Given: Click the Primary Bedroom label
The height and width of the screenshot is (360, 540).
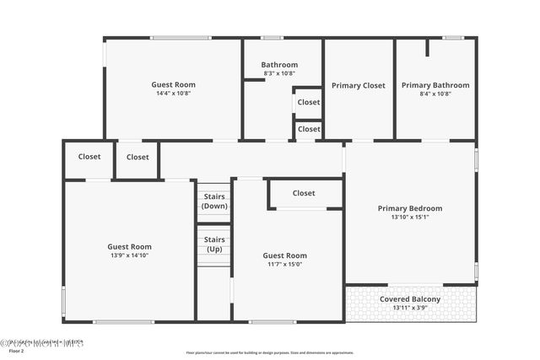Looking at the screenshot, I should click(x=410, y=208).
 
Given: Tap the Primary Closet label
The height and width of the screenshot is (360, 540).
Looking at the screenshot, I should click(x=358, y=85).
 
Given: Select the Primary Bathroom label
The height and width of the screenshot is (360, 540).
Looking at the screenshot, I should click(x=435, y=85).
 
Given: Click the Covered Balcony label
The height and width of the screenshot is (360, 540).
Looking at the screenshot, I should click(x=410, y=299).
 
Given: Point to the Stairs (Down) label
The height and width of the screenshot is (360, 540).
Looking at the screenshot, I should click(x=214, y=201).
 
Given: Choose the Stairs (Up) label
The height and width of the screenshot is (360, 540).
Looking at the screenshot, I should click(x=214, y=244).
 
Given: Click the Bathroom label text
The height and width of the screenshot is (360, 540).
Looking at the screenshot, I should click(x=279, y=65).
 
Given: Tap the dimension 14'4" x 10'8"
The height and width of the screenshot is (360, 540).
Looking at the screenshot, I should click(x=173, y=94).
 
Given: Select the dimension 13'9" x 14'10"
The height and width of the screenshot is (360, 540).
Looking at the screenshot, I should click(x=129, y=255).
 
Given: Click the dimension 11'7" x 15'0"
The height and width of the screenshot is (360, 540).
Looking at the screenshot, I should click(x=284, y=264).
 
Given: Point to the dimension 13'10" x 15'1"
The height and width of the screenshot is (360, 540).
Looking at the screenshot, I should click(x=410, y=218).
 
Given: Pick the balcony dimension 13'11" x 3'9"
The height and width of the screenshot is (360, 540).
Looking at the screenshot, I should click(x=410, y=308).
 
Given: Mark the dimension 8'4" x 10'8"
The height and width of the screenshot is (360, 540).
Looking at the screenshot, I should click(x=435, y=94).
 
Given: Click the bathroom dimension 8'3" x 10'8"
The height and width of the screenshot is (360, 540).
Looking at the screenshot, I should click(x=279, y=73).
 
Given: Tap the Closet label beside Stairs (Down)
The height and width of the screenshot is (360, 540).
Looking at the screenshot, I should click(x=304, y=193).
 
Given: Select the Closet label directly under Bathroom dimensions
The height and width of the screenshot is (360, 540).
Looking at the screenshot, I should click(x=309, y=102).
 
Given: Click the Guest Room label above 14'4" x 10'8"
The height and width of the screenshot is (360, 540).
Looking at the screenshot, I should click(x=173, y=84).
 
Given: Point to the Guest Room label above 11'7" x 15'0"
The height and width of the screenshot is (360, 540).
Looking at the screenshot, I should click(x=284, y=255).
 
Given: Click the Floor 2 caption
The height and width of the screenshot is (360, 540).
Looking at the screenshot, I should click(x=17, y=352).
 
